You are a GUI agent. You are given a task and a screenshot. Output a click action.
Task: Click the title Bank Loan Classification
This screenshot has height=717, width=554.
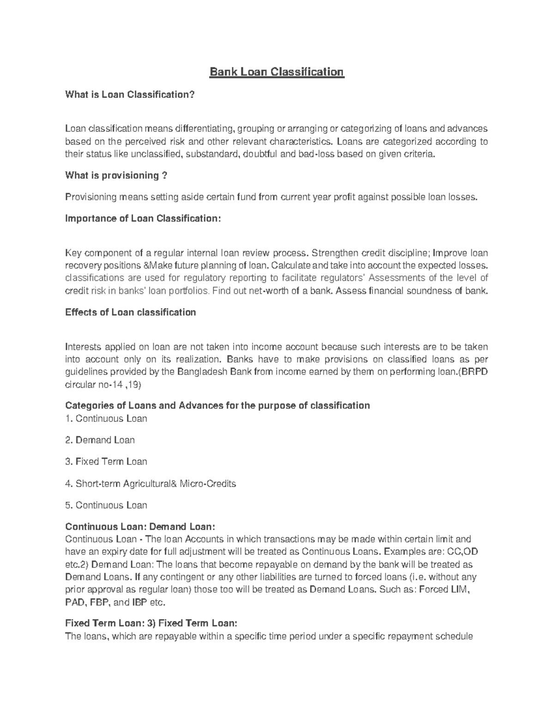tap(277, 72)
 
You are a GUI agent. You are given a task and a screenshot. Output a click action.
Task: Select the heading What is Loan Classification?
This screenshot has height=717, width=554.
tap(130, 95)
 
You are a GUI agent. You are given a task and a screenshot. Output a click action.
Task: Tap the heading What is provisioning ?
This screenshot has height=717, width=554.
tap(116, 175)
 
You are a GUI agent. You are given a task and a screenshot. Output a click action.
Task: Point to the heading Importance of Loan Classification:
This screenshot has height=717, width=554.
tap(143, 218)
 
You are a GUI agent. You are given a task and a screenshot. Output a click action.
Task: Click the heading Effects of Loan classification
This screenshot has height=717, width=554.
tap(131, 312)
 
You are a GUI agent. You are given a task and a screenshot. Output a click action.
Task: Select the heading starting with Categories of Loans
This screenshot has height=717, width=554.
tap(217, 405)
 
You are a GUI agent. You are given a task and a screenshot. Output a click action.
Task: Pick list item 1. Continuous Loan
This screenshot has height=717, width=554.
tap(106, 419)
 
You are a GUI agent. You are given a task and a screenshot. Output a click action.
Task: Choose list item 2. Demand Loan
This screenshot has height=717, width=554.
tap(100, 440)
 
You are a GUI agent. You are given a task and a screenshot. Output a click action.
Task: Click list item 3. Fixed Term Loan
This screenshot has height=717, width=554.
tap(106, 462)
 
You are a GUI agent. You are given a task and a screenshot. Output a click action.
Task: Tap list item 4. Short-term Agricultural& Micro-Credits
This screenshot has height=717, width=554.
tap(151, 483)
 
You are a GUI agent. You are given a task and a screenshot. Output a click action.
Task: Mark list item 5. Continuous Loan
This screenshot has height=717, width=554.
tap(106, 505)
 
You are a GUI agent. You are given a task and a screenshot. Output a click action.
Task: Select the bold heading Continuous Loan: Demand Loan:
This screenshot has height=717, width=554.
tap(140, 527)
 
